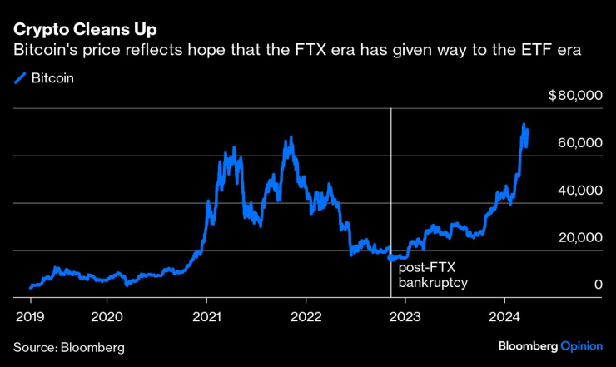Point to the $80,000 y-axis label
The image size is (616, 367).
point(575,96)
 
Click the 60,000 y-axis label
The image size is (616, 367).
point(579,143)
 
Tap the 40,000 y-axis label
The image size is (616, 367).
point(579,191)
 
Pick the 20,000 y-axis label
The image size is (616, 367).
point(579,238)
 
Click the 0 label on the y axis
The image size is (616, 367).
point(598,285)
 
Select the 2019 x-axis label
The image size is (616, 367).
point(30,316)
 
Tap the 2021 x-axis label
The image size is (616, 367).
point(206,316)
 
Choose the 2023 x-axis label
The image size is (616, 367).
point(405,316)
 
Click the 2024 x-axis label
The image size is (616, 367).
point(505,316)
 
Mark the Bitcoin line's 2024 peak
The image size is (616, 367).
point(524,126)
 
